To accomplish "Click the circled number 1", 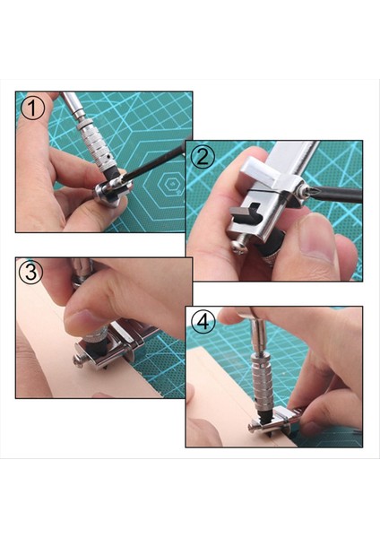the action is point(32,108).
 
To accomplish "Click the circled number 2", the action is point(203,157).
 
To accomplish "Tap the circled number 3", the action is point(30,273).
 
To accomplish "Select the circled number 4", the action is point(203,322).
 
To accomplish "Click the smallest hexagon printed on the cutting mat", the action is point(170,184).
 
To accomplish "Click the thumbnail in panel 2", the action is point(317,237).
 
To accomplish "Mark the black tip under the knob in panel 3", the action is point(97,347).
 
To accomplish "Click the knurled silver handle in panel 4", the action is point(262,377).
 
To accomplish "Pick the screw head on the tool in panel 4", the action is point(252,428).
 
